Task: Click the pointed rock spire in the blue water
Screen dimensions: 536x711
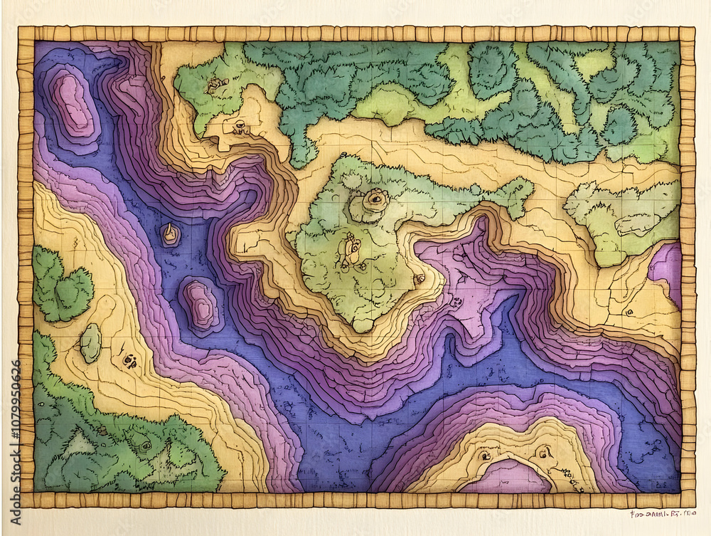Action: [x=170, y=233]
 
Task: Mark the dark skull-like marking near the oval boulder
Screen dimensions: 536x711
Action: [x=129, y=361]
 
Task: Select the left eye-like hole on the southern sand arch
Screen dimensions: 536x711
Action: [x=486, y=455]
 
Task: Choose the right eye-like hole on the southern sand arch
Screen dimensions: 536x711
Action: [x=544, y=451]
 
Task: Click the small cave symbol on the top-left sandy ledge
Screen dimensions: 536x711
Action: [x=240, y=127]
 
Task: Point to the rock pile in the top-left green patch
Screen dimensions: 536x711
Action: [x=214, y=85]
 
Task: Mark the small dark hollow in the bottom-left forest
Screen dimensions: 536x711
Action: [x=145, y=446]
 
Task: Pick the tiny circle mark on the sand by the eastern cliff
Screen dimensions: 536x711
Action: [x=629, y=312]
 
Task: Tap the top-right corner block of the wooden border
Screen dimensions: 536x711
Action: [x=687, y=33]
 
